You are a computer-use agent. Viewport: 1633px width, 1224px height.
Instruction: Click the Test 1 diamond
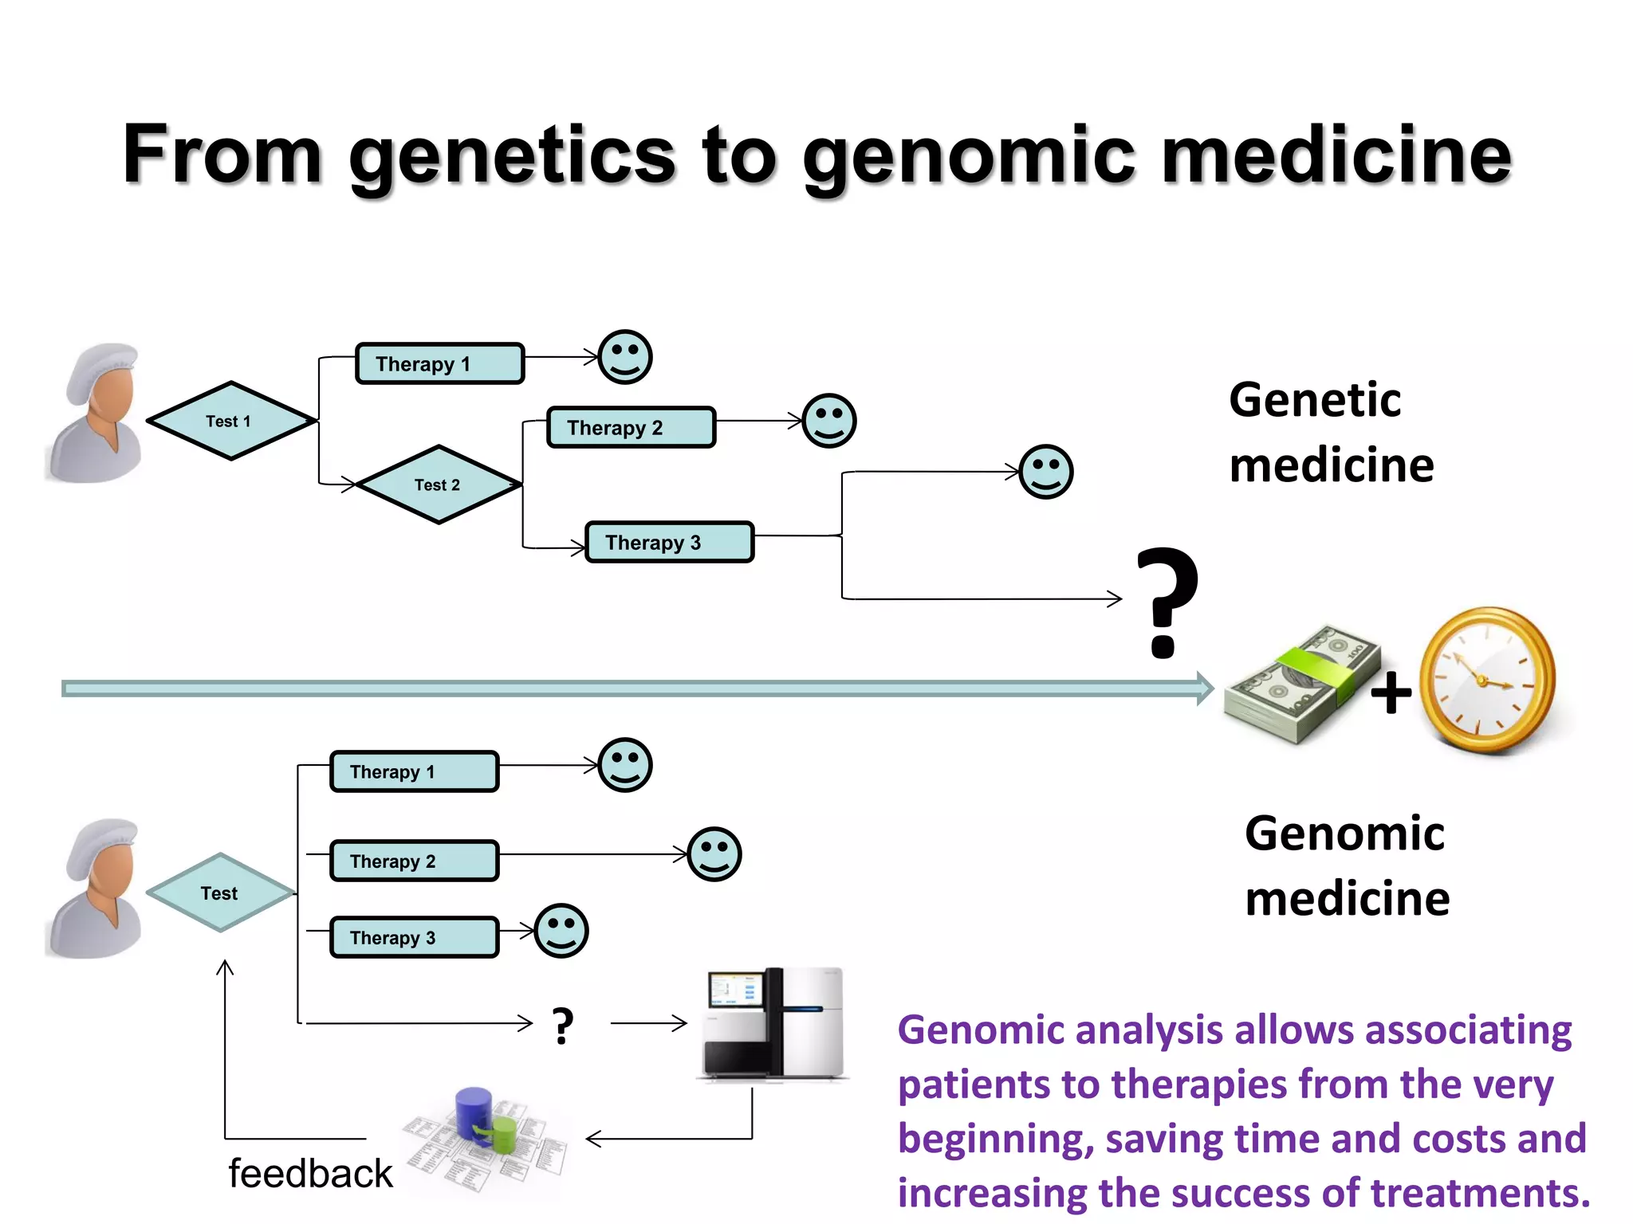230,421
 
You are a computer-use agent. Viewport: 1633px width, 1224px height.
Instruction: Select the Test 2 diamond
439,484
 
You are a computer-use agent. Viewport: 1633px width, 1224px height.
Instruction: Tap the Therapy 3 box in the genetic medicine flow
669,543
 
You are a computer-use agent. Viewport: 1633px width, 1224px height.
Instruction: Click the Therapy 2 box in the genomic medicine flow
414,861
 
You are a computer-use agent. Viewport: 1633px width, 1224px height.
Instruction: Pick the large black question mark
1166,602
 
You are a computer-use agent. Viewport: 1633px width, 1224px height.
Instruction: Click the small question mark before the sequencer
563,1026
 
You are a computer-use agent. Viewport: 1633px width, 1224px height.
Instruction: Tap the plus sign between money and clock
1391,692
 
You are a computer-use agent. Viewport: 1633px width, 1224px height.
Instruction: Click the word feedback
310,1174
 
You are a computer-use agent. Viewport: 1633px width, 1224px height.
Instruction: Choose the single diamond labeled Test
220,892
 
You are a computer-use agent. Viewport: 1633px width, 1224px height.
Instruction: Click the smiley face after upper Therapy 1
625,357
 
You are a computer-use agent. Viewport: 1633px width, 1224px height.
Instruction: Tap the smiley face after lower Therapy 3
561,931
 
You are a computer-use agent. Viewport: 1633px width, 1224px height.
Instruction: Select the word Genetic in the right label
1314,400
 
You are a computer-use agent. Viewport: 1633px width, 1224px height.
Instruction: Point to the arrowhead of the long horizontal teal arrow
1204,688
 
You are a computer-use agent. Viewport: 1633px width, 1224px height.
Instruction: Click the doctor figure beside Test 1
96,414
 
